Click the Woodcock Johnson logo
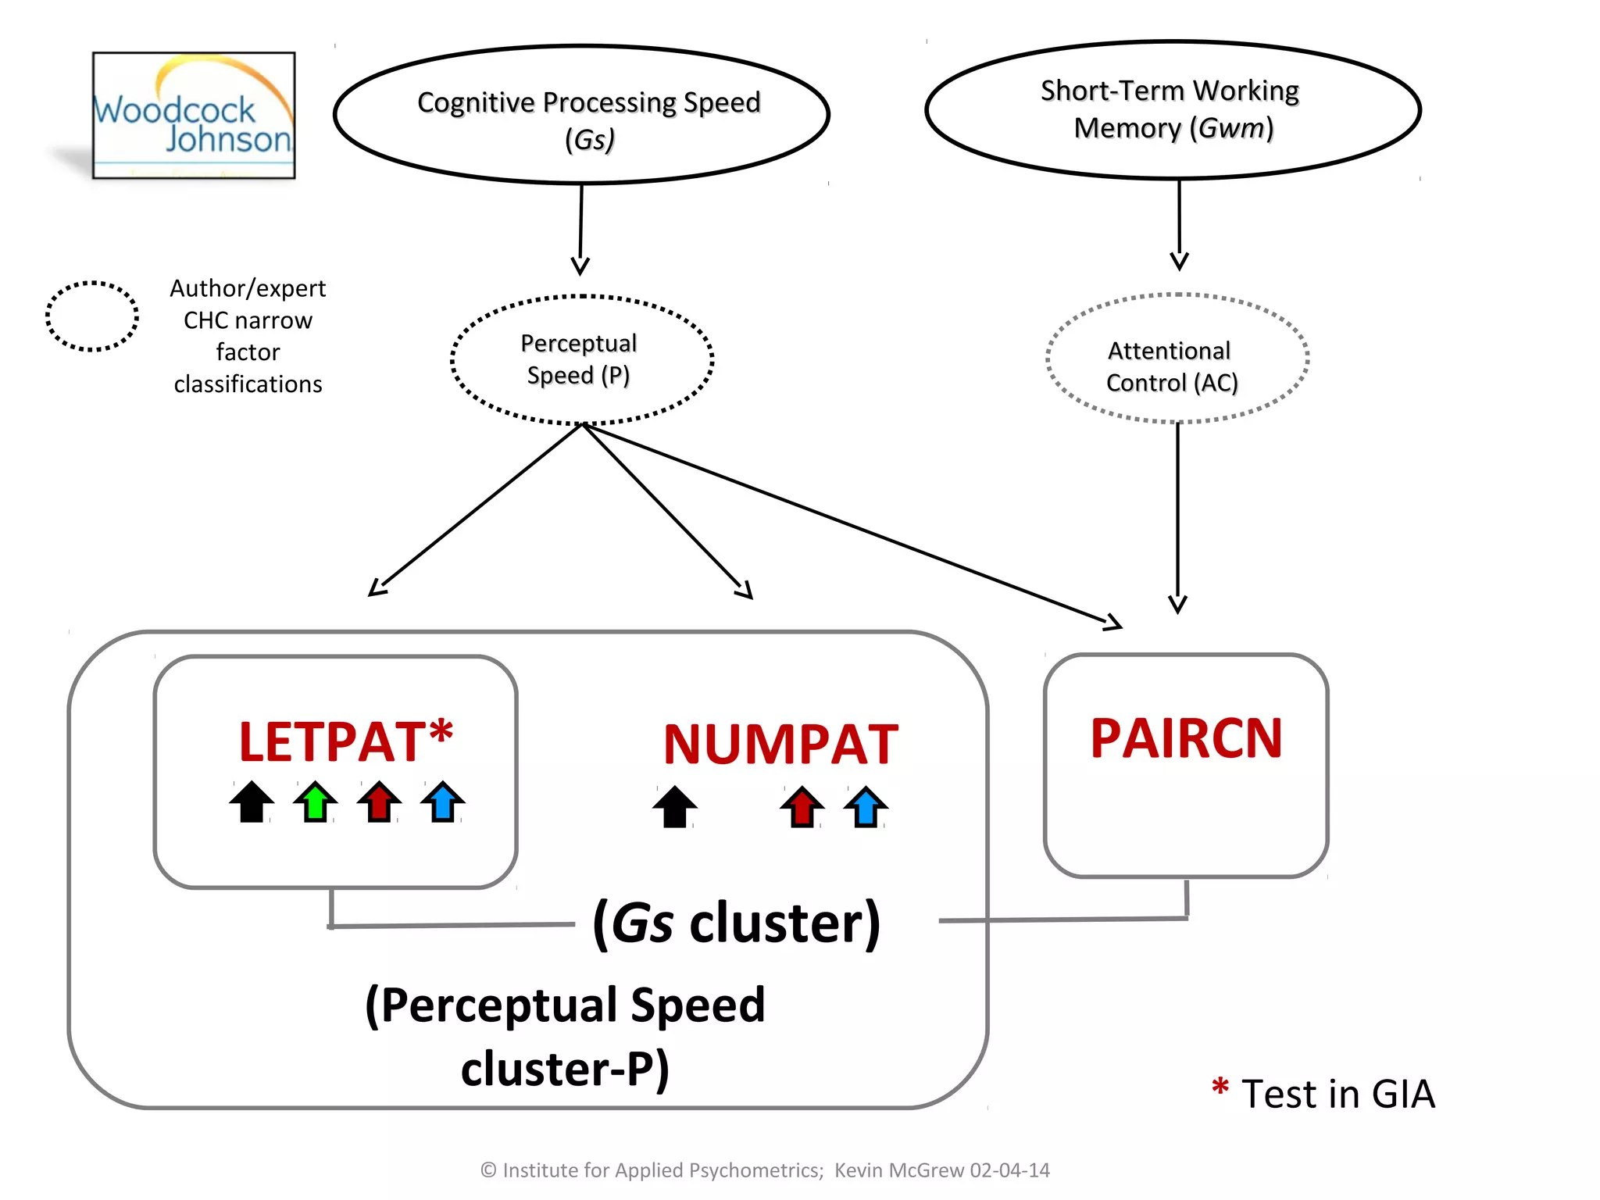point(194,116)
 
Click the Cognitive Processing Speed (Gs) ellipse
point(581,115)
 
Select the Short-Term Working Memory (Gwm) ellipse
point(1172,109)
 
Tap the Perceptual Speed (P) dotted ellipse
point(581,359)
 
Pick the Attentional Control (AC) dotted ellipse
point(1177,359)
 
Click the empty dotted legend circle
point(92,316)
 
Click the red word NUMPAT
point(780,745)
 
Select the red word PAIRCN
point(1186,738)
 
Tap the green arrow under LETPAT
point(316,802)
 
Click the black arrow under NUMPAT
point(674,806)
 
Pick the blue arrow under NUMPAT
point(866,806)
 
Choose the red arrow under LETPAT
point(380,802)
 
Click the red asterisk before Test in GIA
point(1220,1087)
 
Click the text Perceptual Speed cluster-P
point(566,1035)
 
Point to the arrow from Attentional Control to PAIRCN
point(1178,516)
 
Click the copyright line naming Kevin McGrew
point(764,1170)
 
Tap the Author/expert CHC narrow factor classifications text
point(248,336)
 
